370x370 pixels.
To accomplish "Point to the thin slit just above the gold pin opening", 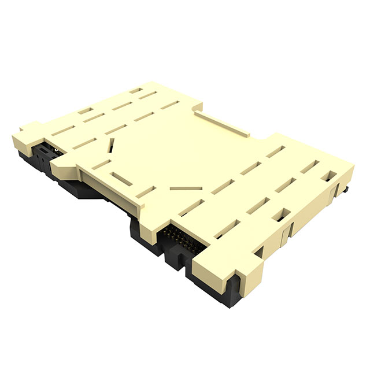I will [186, 190].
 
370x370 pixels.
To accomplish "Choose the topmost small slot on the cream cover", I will [136, 90].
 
